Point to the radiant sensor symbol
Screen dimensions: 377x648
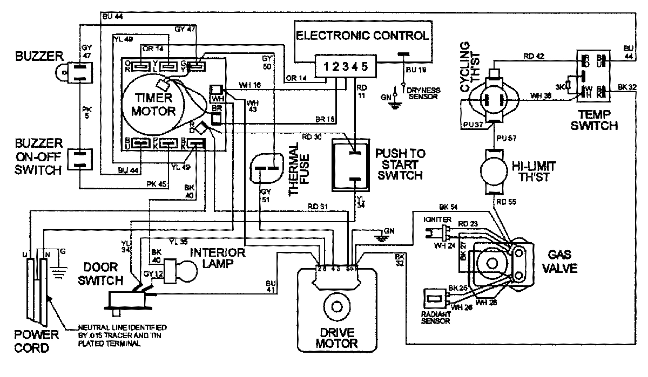coord(434,297)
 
